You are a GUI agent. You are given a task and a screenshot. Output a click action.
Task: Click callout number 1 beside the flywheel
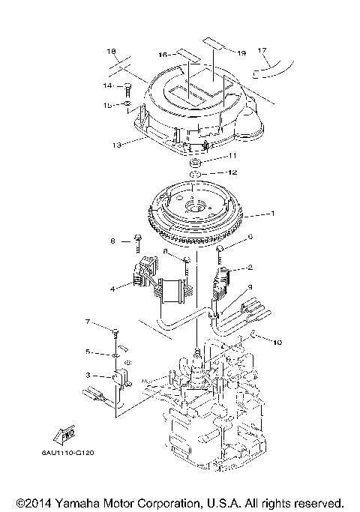[x=272, y=214]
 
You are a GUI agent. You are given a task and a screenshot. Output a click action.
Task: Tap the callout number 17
[x=262, y=50]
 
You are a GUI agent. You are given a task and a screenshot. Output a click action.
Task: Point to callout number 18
[x=112, y=52]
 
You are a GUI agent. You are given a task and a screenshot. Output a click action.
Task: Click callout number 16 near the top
[x=163, y=55]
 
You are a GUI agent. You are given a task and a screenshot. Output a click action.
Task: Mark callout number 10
[x=277, y=343]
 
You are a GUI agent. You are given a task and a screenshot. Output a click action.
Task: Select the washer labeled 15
[x=128, y=104]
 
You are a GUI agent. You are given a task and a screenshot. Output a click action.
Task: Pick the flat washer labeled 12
[x=193, y=175]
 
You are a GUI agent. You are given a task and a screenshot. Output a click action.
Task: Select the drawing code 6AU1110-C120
[x=73, y=454]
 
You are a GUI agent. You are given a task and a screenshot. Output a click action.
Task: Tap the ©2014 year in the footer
[x=37, y=502]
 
